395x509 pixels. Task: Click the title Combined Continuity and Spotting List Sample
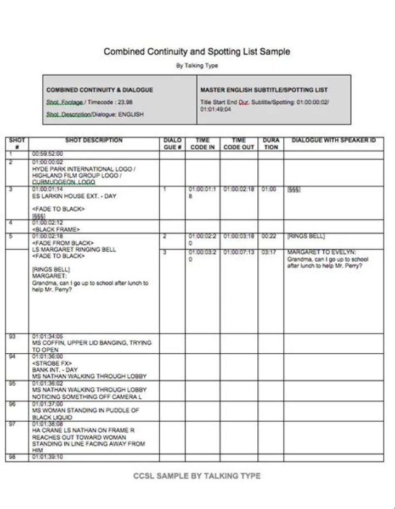click(197, 52)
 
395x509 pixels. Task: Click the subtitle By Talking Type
click(197, 66)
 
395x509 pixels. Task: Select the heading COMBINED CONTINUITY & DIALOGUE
click(99, 89)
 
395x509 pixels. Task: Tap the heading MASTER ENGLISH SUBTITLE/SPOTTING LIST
click(264, 89)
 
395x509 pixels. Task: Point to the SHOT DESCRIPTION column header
click(93, 140)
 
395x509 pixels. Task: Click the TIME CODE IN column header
click(202, 144)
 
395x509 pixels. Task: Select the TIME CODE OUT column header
click(239, 144)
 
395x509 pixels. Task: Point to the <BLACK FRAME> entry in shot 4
click(56, 229)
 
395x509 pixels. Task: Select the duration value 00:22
click(269, 236)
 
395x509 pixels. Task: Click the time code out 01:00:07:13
click(239, 252)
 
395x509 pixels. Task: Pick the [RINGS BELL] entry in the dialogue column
click(306, 236)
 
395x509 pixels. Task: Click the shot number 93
click(12, 336)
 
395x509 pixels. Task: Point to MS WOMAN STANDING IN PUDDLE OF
click(86, 410)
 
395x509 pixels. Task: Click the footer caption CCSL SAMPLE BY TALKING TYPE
click(197, 476)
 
